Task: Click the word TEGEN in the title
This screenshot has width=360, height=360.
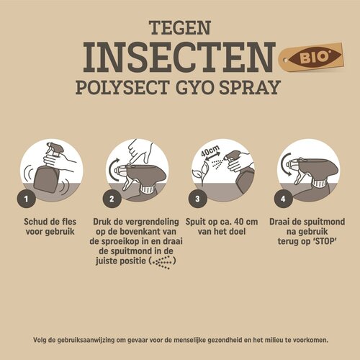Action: coord(179,27)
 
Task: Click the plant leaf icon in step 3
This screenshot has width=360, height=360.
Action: coord(204,171)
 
